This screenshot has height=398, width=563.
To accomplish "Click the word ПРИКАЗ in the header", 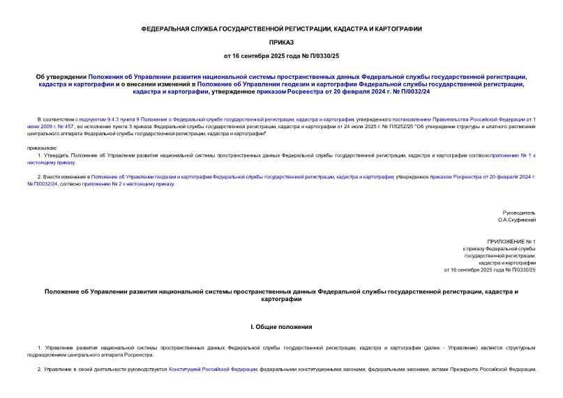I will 281,42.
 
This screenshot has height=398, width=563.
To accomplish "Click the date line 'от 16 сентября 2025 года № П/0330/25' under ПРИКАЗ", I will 281,55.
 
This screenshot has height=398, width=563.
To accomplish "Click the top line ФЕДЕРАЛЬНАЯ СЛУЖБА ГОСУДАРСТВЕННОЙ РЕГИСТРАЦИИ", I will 281,29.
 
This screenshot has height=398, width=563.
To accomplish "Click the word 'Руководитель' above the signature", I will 519,212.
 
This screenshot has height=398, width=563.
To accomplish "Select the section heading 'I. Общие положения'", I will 281,326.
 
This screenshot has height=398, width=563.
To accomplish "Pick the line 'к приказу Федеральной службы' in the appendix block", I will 500,248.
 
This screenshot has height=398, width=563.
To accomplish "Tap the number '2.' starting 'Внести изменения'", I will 39,177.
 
